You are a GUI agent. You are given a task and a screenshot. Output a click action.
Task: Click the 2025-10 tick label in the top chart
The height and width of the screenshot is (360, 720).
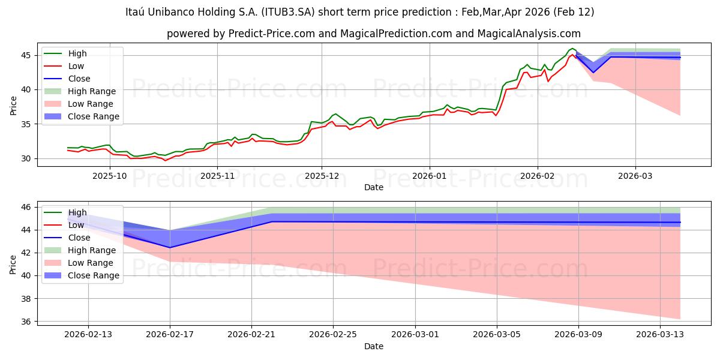110,176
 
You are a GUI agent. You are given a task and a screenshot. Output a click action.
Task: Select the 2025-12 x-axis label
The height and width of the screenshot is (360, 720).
322,176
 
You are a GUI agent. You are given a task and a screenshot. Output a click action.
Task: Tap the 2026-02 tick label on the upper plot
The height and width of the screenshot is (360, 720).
538,176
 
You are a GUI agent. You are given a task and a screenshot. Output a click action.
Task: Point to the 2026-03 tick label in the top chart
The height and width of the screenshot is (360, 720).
635,176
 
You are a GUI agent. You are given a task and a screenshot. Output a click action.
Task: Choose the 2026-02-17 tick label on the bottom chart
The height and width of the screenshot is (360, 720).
170,335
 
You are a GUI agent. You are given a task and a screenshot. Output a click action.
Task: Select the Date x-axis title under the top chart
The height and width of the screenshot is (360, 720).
373,187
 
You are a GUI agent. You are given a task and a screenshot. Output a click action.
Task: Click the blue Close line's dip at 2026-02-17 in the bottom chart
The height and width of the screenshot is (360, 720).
170,247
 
